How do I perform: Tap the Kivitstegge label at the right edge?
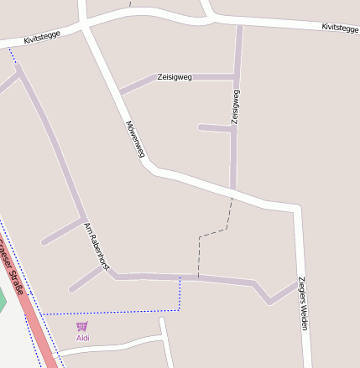[x=340, y=29]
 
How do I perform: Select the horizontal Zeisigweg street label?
[x=175, y=77]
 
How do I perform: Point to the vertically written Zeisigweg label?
[x=236, y=107]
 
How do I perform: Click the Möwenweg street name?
[x=135, y=139]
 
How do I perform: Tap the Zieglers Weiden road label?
[x=302, y=303]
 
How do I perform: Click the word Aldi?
[x=82, y=338]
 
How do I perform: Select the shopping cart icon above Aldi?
[x=81, y=326]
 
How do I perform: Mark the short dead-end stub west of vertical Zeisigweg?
[x=215, y=127]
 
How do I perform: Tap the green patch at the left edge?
[x=2, y=300]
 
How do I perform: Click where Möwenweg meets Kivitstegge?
[x=84, y=27]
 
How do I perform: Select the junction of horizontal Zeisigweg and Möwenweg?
[x=120, y=91]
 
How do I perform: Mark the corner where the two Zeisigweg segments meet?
[x=235, y=77]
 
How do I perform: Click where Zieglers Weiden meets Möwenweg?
[x=295, y=206]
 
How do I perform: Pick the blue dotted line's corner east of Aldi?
[x=180, y=310]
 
